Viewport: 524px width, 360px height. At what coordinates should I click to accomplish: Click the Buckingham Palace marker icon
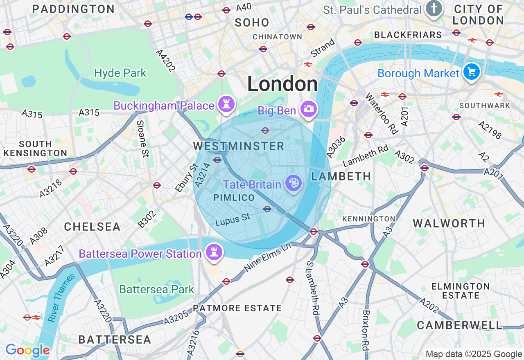(226, 104)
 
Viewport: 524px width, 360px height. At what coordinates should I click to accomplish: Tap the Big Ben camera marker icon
(309, 109)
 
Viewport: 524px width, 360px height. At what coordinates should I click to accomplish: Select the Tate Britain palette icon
(293, 183)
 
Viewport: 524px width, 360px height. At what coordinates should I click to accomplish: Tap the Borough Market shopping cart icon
(472, 72)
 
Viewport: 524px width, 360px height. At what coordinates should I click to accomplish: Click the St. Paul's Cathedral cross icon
(433, 9)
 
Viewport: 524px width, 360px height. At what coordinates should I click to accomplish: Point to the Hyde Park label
(120, 73)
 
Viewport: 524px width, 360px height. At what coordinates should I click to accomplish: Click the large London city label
(282, 84)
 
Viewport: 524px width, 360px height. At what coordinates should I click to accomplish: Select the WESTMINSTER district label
(239, 146)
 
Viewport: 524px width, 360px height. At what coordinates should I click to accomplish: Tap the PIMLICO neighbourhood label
(234, 198)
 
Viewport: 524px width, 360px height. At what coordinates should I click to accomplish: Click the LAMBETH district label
(341, 176)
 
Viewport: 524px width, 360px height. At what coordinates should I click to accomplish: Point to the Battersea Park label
(157, 289)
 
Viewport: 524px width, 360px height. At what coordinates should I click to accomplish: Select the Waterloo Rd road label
(381, 113)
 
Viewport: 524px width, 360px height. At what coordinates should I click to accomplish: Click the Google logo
(27, 351)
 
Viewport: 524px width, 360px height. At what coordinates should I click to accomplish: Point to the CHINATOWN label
(277, 37)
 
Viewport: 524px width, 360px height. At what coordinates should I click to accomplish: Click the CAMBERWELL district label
(459, 325)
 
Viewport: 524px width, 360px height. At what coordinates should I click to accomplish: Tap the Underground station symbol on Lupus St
(267, 209)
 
